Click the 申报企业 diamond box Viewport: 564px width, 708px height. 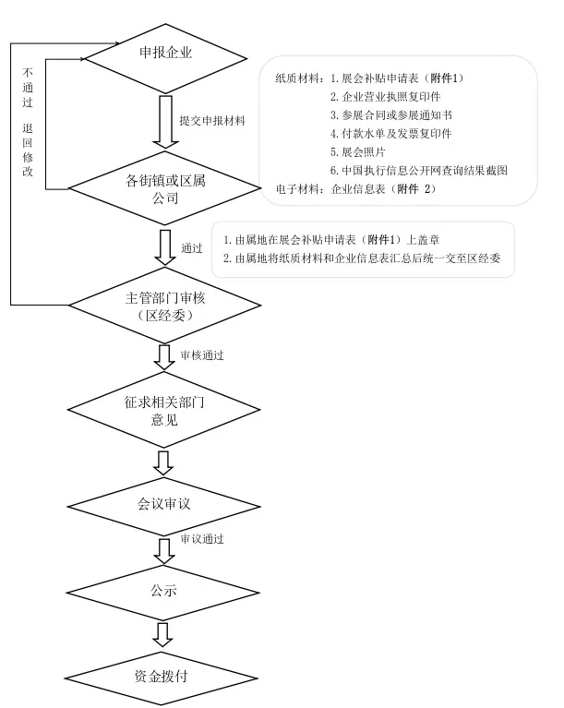[165, 52]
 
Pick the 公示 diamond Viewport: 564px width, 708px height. [165, 590]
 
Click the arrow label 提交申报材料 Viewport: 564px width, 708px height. [212, 120]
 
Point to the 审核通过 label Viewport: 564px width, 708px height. [202, 354]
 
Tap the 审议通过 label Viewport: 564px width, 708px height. [202, 538]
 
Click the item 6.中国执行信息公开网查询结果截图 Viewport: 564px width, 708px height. [419, 171]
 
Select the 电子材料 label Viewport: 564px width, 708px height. [297, 189]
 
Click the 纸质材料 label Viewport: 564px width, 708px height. [297, 78]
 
